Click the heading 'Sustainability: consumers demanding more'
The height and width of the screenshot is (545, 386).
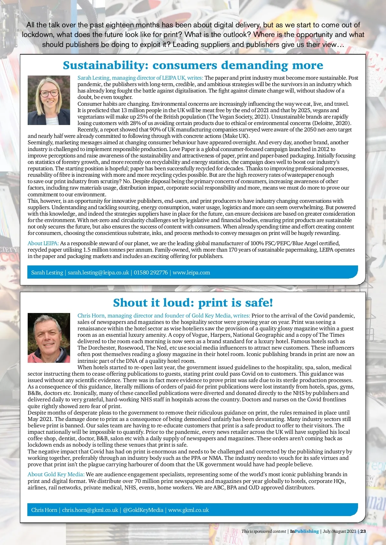[x=193, y=65]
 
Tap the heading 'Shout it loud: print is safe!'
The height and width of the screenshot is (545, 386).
[x=193, y=303]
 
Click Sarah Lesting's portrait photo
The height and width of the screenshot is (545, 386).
[x=49, y=100]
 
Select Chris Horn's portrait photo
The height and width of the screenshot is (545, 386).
[x=49, y=338]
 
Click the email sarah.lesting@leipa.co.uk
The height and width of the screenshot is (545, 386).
[x=98, y=272]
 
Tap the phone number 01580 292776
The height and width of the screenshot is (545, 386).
[x=151, y=272]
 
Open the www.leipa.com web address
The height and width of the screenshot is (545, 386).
[x=191, y=272]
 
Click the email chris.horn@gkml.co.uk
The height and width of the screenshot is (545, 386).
[x=90, y=510]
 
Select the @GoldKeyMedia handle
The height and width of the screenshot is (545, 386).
[x=143, y=510]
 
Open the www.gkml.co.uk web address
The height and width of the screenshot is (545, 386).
[x=188, y=510]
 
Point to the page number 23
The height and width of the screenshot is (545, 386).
[x=363, y=531]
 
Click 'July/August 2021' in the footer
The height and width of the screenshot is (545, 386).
[x=339, y=531]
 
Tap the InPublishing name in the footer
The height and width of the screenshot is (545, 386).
[x=304, y=531]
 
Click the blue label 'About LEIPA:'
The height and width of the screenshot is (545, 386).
[x=43, y=243]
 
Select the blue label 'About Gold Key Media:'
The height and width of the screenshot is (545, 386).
[x=56, y=474]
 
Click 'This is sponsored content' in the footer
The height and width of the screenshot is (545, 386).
[x=264, y=531]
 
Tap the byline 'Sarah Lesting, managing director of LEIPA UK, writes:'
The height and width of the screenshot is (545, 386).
[x=140, y=78]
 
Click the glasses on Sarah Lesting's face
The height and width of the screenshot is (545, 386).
[x=50, y=93]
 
